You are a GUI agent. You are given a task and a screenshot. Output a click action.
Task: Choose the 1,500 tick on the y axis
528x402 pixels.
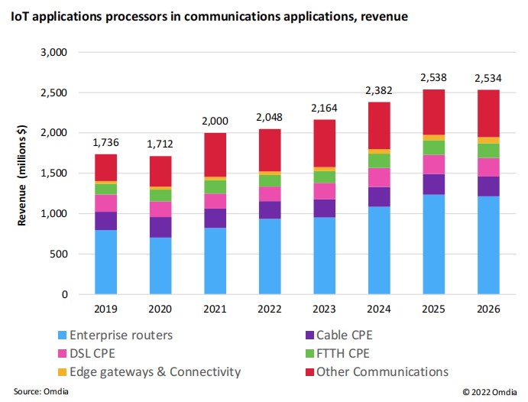click(x=53, y=173)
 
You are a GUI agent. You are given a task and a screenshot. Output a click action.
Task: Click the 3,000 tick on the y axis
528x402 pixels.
click(x=53, y=53)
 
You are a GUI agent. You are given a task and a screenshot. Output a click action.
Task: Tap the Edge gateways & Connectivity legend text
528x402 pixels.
click(x=155, y=371)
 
